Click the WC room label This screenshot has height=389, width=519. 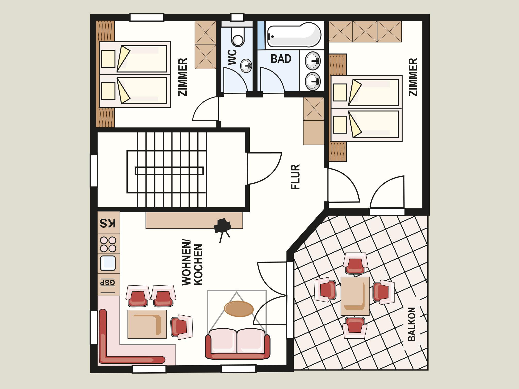pyautogui.click(x=232, y=57)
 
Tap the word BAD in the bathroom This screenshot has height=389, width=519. pyautogui.click(x=281, y=59)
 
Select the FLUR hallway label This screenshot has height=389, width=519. pyautogui.click(x=296, y=177)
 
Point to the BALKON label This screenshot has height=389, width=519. pyautogui.click(x=412, y=324)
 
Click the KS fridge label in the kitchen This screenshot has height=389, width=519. pyautogui.click(x=108, y=223)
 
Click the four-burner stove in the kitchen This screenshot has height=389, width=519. pyautogui.click(x=108, y=244)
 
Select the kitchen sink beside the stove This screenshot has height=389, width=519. pyautogui.click(x=108, y=263)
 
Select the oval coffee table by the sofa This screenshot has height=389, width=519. pyautogui.click(x=239, y=309)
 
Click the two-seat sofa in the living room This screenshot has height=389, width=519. pyautogui.click(x=238, y=344)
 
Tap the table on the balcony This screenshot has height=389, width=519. pyautogui.click(x=355, y=296)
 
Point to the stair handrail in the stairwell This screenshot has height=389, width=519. pyautogui.click(x=169, y=171)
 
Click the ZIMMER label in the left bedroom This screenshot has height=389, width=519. pyautogui.click(x=183, y=77)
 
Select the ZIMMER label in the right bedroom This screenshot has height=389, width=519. pyautogui.click(x=413, y=77)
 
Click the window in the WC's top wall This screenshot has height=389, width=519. pyautogui.click(x=237, y=17)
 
